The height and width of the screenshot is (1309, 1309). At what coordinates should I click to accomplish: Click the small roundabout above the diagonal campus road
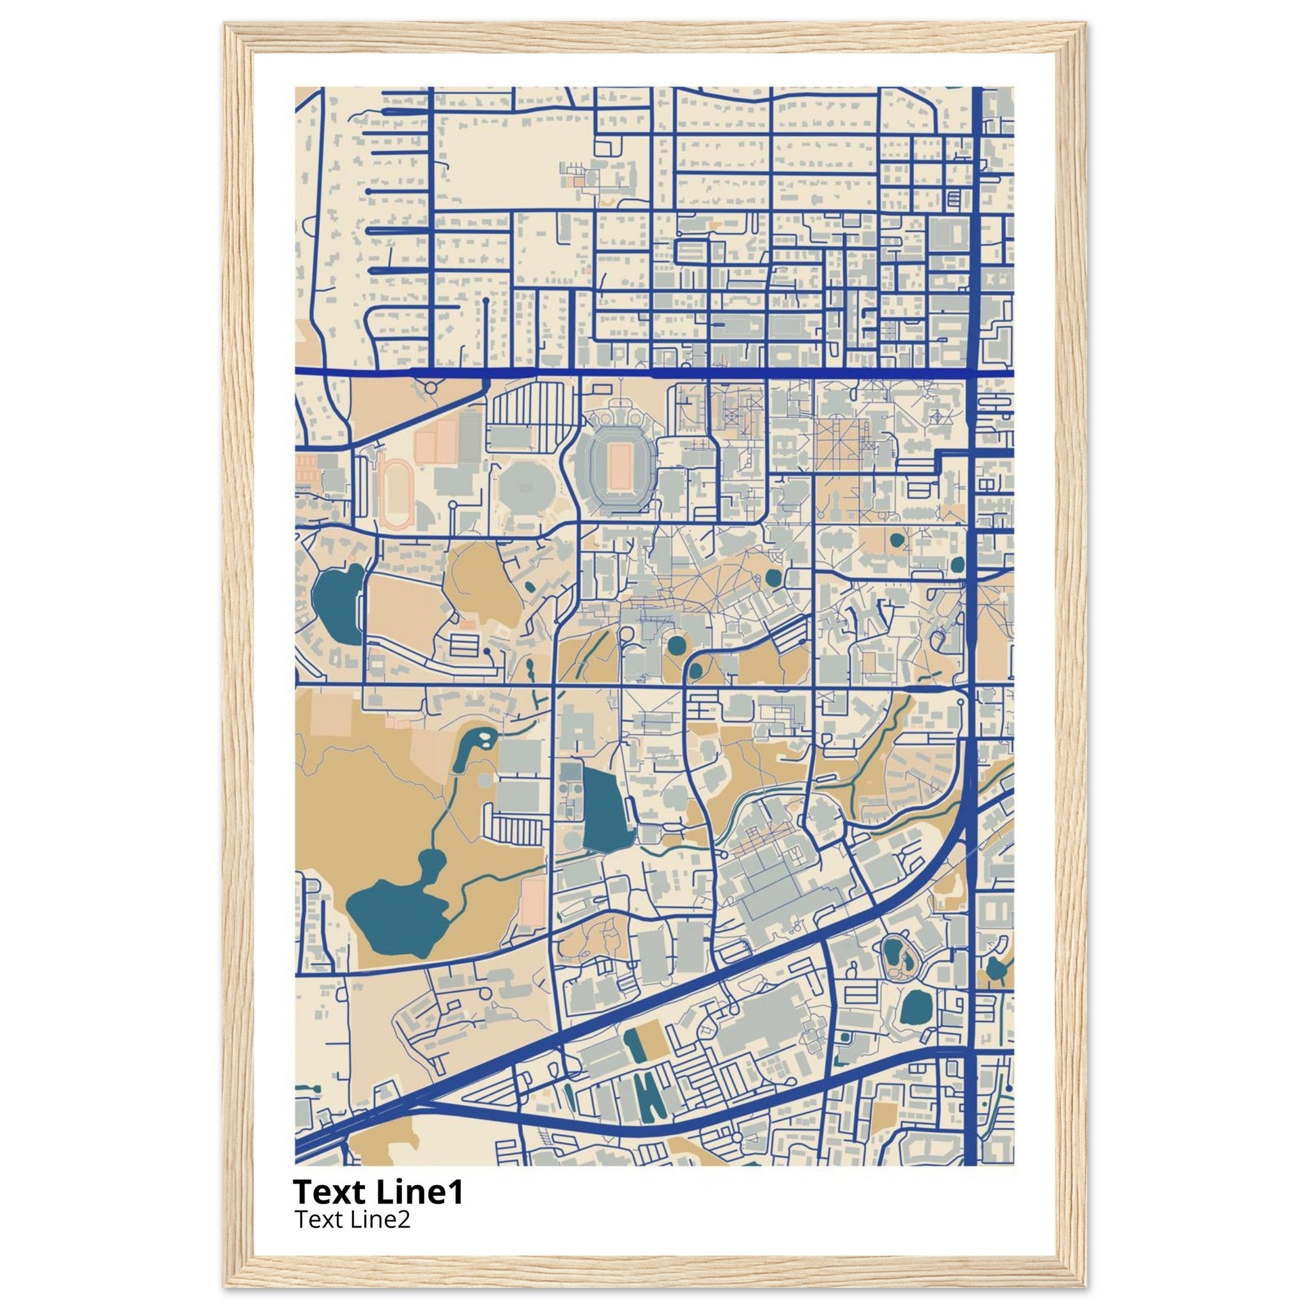pyautogui.click(x=430, y=388)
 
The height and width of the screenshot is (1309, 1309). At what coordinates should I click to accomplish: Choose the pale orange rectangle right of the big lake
pyautogui.click(x=533, y=901)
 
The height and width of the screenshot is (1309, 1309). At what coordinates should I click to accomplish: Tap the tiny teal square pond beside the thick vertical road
pyautogui.click(x=995, y=969)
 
